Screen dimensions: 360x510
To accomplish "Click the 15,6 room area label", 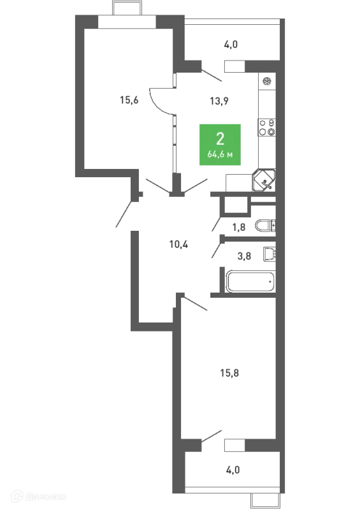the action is pos(129,100).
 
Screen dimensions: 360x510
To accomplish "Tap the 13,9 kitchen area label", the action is pos(219,101).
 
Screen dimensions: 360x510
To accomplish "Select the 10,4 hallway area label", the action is pos(178,244).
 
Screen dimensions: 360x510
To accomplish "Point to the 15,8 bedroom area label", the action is pos(229,373).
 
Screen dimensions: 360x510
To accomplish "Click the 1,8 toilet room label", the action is pos(239,227).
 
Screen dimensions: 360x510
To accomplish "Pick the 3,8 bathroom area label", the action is pos(244,256).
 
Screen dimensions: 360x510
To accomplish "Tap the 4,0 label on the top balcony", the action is pos(231,44).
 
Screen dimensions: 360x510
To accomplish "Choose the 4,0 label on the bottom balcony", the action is pos(233,470).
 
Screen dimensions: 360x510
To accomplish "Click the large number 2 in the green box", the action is pos(220,139).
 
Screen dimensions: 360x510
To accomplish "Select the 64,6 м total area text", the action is pos(220,155).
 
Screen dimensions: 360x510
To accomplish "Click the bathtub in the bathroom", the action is pos(250,282).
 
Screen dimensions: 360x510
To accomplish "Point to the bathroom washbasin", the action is pos(270,254).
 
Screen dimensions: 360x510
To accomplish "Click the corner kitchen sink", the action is pos(264,180).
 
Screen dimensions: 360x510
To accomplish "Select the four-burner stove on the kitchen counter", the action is pos(267,127).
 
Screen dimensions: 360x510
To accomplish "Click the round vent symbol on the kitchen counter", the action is pos(267,81).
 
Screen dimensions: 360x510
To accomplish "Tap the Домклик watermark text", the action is pos(45,497).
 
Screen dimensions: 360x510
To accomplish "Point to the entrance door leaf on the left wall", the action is pos(124,214).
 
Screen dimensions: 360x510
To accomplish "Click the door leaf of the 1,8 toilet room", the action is pos(216,224).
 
